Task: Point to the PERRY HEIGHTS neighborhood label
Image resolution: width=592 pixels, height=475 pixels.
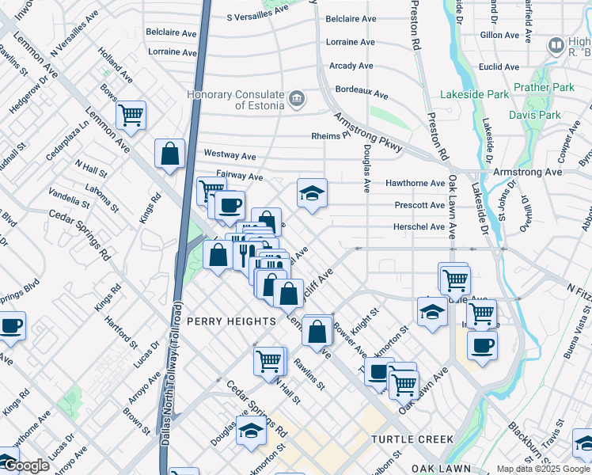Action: click(x=231, y=321)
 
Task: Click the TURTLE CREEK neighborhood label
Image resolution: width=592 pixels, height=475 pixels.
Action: click(x=412, y=439)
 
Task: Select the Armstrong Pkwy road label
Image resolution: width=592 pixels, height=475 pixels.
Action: click(x=369, y=131)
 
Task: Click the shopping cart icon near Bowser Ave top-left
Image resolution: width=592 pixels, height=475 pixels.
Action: click(x=131, y=115)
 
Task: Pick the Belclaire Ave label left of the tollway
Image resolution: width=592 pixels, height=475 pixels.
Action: click(x=171, y=33)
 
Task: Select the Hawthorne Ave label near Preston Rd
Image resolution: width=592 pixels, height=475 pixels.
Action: click(x=415, y=183)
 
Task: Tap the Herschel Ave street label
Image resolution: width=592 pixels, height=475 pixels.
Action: click(x=419, y=227)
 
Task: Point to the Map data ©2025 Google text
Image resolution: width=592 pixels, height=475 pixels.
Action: click(x=543, y=469)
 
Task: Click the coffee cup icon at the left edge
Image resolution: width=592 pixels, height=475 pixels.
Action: click(x=11, y=325)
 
